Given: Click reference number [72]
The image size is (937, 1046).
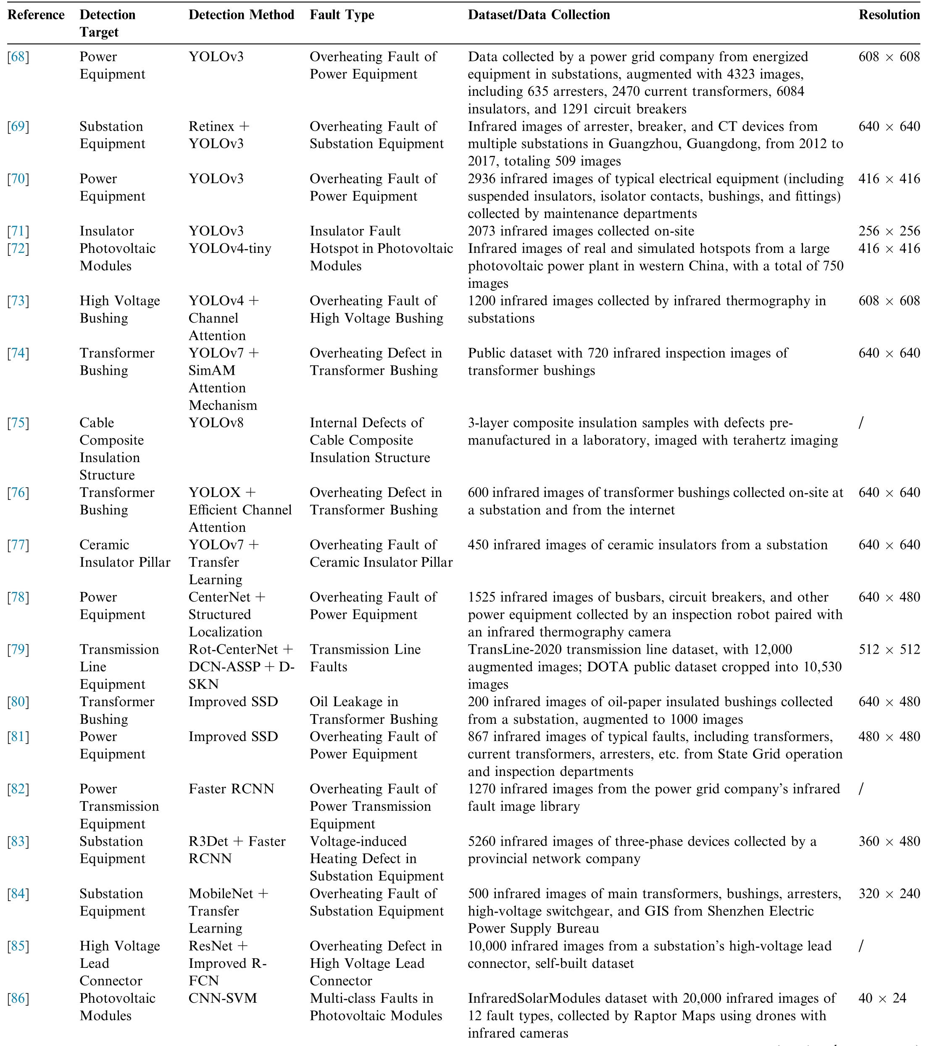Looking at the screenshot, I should tap(18, 249).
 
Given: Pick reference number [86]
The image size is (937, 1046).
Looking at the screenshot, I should tap(18, 998).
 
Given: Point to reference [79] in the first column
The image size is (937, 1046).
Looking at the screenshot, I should tap(18, 649).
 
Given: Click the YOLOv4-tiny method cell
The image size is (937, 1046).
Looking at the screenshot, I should tap(229, 249).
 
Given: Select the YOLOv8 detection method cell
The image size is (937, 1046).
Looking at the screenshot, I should tap(216, 423).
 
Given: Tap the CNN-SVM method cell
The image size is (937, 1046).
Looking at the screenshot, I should tap(222, 998).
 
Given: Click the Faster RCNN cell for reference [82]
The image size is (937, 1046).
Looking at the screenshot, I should tap(231, 789).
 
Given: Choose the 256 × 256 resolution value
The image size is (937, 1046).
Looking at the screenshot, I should tap(889, 231).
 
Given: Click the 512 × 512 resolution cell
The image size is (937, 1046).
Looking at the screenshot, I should tap(889, 649).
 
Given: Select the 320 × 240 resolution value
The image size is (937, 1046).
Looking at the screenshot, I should tap(889, 894).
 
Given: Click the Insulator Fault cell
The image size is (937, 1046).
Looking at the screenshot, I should tap(355, 231).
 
